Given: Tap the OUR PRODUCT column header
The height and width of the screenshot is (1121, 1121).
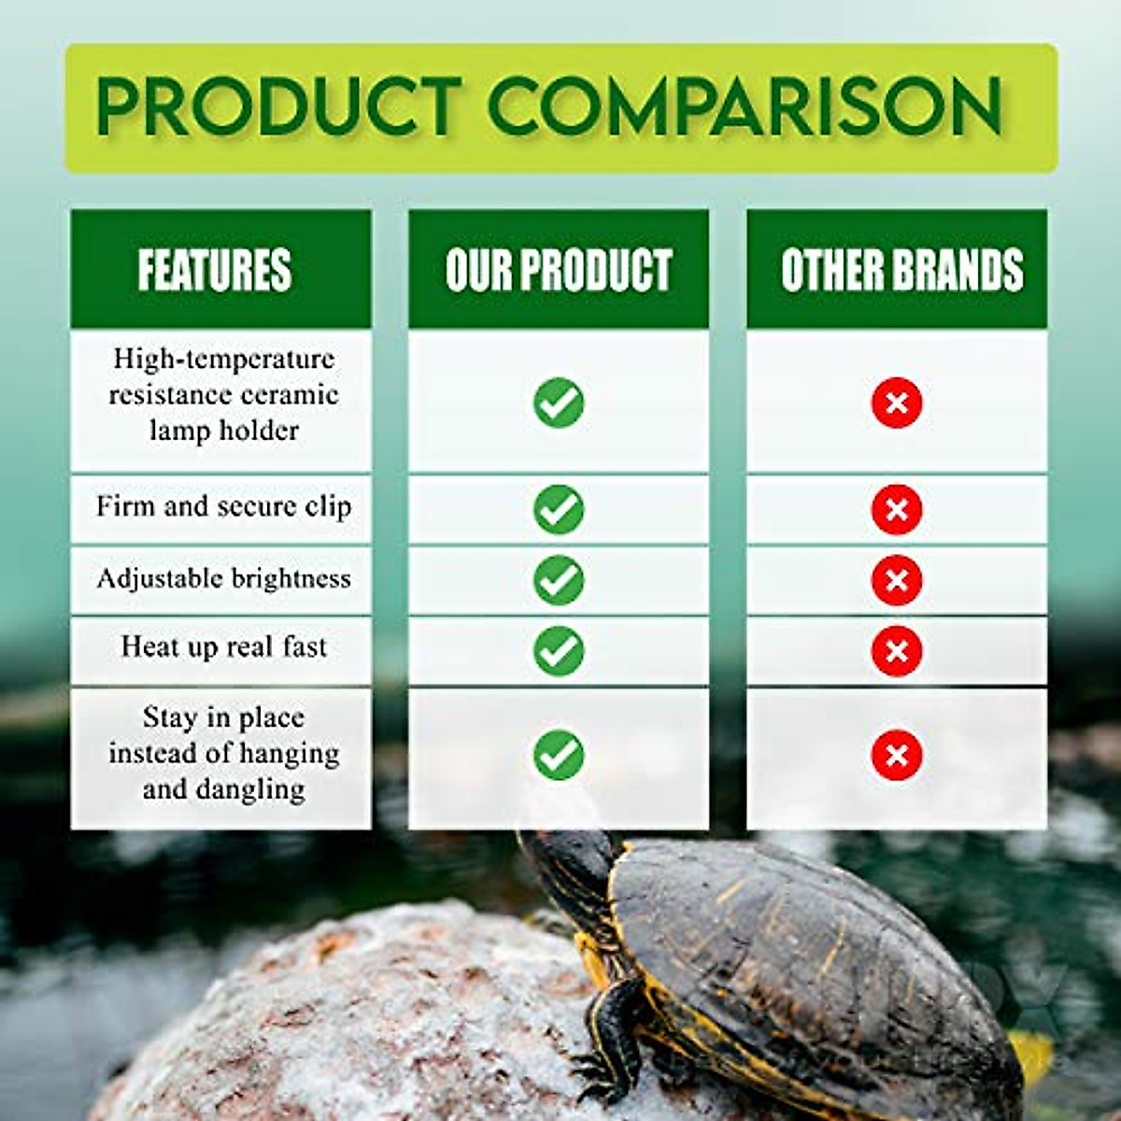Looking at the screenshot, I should click(x=559, y=269).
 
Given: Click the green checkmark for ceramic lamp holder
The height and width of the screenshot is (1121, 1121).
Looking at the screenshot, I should click(x=559, y=404).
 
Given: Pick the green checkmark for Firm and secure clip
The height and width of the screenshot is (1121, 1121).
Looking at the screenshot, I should click(x=559, y=509).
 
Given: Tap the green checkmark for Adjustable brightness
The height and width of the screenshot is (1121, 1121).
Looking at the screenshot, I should click(x=559, y=580).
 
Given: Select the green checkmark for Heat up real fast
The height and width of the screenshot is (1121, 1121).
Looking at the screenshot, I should click(x=559, y=651).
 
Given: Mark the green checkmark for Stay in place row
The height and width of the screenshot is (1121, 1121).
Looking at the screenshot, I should click(x=559, y=756).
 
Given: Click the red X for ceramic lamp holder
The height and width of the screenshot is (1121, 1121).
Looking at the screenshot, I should click(x=897, y=404).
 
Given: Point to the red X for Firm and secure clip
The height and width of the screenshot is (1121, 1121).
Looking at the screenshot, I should click(x=897, y=509).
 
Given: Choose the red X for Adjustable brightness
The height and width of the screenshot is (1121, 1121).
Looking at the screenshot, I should click(x=897, y=580).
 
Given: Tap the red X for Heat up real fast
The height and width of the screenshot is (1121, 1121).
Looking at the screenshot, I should click(x=897, y=651).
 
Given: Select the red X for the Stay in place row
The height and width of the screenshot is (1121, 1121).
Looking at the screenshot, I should click(x=897, y=756).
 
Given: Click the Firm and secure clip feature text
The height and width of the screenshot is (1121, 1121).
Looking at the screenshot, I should click(x=223, y=507).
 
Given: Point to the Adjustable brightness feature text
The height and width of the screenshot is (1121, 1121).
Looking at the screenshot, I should click(x=223, y=579).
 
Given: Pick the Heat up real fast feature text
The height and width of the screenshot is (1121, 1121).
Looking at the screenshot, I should click(x=223, y=647).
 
